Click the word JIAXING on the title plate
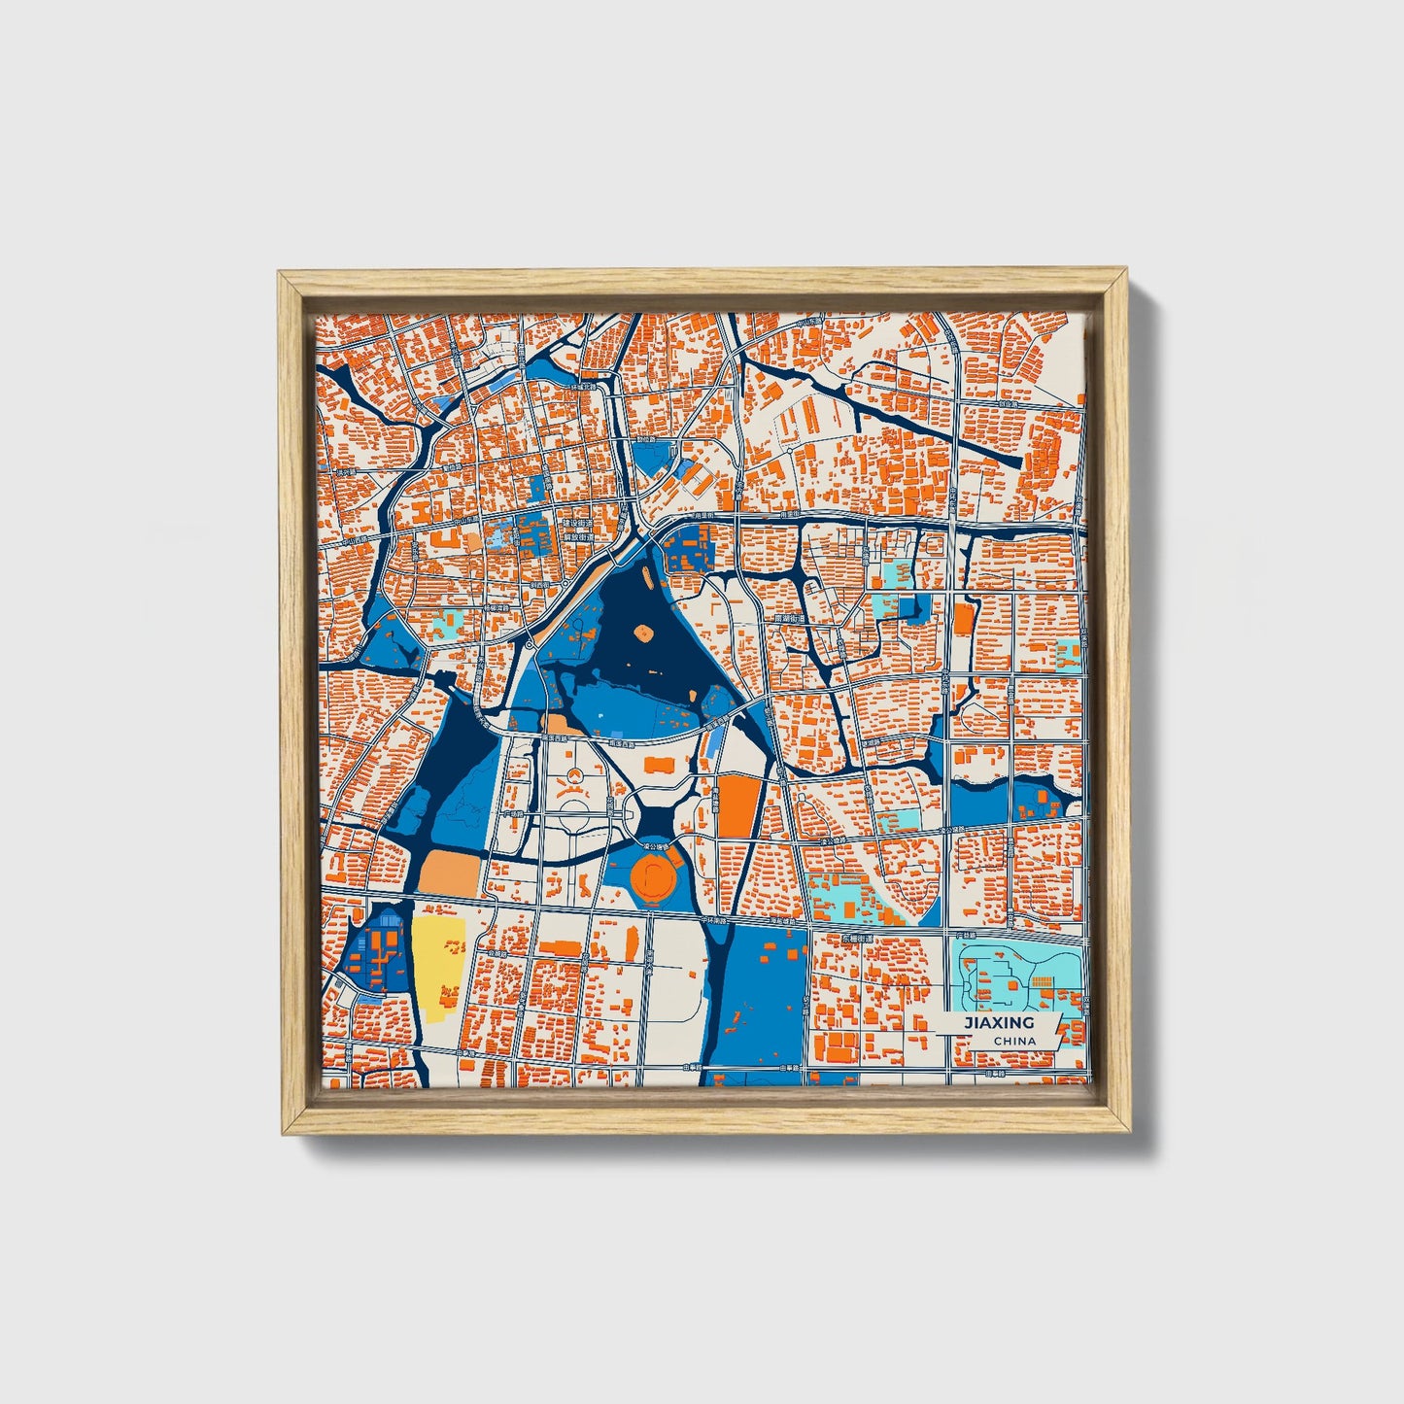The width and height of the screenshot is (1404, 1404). [x=998, y=1023]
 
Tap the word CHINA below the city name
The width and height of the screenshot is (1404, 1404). [x=1014, y=1042]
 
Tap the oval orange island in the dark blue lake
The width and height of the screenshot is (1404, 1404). [x=643, y=633]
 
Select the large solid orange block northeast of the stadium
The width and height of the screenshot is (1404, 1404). [x=736, y=805]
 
